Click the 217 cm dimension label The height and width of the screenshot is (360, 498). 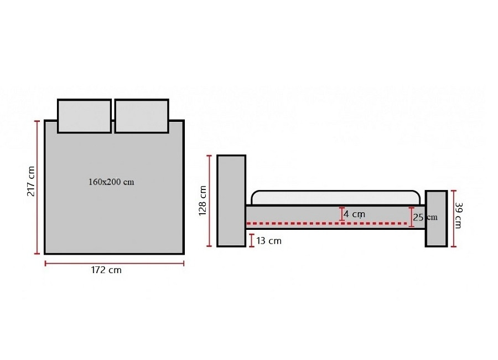pyautogui.click(x=31, y=181)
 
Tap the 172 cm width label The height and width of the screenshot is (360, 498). pyautogui.click(x=106, y=270)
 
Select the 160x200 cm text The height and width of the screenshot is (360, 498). pyautogui.click(x=111, y=182)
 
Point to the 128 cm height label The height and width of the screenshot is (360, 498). pyautogui.click(x=203, y=200)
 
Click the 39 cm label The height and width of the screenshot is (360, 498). pyautogui.click(x=458, y=215)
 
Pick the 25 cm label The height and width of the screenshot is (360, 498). pyautogui.click(x=425, y=217)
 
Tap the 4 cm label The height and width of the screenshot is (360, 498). pyautogui.click(x=354, y=214)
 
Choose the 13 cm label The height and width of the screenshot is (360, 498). pyautogui.click(x=269, y=241)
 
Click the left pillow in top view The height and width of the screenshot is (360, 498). pyautogui.click(x=85, y=116)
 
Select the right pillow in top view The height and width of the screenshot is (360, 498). pyautogui.click(x=142, y=116)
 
